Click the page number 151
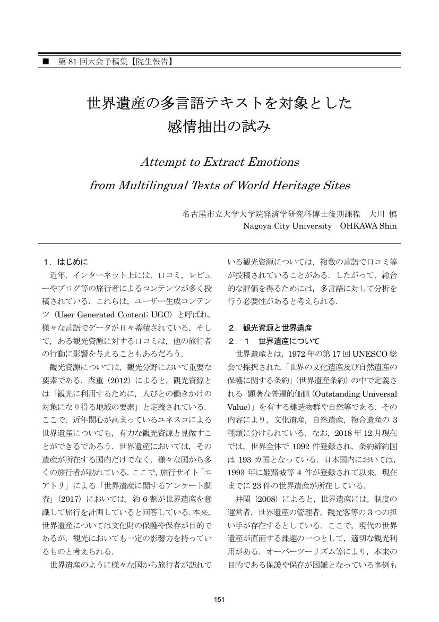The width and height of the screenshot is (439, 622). click(x=219, y=600)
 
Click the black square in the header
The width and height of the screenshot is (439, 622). click(x=46, y=62)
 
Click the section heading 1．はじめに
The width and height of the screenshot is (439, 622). click(x=66, y=262)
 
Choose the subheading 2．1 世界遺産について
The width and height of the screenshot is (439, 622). click(x=273, y=341)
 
